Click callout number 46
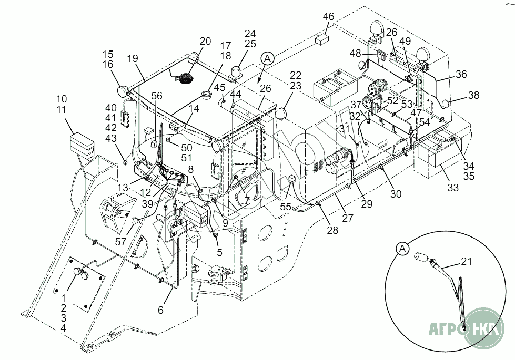pos(328,17)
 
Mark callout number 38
pos(474,96)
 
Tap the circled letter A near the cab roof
pos(267,58)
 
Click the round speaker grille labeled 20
pos(185,78)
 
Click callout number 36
pos(461,74)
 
